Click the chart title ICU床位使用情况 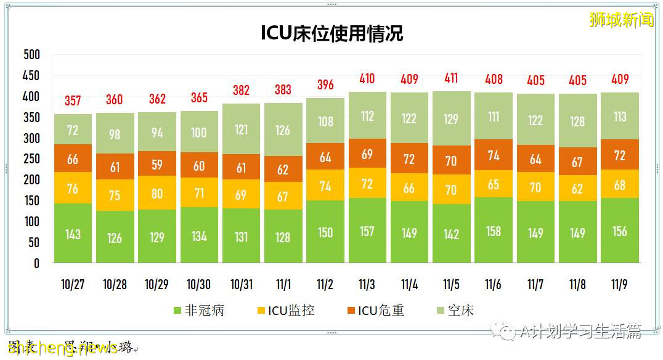(331, 33)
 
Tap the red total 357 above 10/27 (73, 101)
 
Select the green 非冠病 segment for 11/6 (494, 231)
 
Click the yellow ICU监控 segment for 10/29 (157, 193)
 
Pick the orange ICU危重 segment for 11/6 (494, 155)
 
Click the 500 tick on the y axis (31, 55)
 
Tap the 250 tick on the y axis (31, 159)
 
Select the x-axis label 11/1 (283, 284)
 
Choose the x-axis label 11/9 (619, 284)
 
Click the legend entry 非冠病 (198, 310)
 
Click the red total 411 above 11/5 (451, 78)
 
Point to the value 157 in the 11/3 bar (367, 232)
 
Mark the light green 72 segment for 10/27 (73, 129)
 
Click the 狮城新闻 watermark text (620, 20)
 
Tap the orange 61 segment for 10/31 (241, 168)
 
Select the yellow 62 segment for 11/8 (577, 189)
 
